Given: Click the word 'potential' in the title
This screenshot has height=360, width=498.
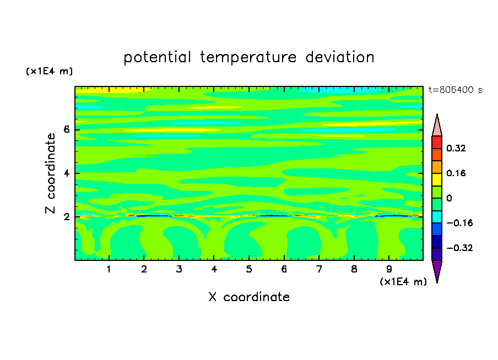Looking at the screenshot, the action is click(x=157, y=58).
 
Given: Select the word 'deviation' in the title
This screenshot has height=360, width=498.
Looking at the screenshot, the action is click(x=340, y=57).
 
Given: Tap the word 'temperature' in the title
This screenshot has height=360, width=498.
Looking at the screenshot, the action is click(x=248, y=58).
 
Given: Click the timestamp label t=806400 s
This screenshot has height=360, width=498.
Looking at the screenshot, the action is click(x=456, y=90).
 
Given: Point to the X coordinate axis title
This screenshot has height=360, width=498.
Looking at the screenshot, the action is click(x=249, y=297).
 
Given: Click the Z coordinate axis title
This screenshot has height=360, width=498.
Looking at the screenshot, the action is click(x=50, y=173).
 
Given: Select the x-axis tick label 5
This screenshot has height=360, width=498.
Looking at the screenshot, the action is click(x=249, y=269).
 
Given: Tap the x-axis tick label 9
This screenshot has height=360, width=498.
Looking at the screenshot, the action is click(x=389, y=269).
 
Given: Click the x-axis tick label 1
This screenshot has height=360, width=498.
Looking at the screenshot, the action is click(x=109, y=269).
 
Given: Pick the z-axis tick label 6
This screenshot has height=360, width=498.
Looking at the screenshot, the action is click(x=66, y=129).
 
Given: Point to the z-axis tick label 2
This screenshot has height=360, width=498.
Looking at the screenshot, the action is click(x=66, y=217).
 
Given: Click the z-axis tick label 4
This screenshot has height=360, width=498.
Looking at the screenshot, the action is click(x=66, y=173).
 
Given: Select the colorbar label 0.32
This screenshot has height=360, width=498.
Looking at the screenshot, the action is click(x=456, y=148).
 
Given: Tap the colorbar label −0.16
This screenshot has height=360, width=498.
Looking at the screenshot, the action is click(x=459, y=223).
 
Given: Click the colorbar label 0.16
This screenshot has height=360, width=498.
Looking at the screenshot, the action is click(x=456, y=173).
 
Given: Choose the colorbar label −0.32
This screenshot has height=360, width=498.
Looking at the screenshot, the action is click(x=459, y=248).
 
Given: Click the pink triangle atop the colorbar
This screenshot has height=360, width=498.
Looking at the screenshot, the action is click(x=437, y=127).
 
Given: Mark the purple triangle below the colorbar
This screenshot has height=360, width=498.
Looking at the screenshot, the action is click(x=437, y=270).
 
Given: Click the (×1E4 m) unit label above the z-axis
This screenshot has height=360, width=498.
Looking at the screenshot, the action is click(x=49, y=71).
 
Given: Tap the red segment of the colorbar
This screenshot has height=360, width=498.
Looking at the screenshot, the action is click(x=437, y=142).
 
